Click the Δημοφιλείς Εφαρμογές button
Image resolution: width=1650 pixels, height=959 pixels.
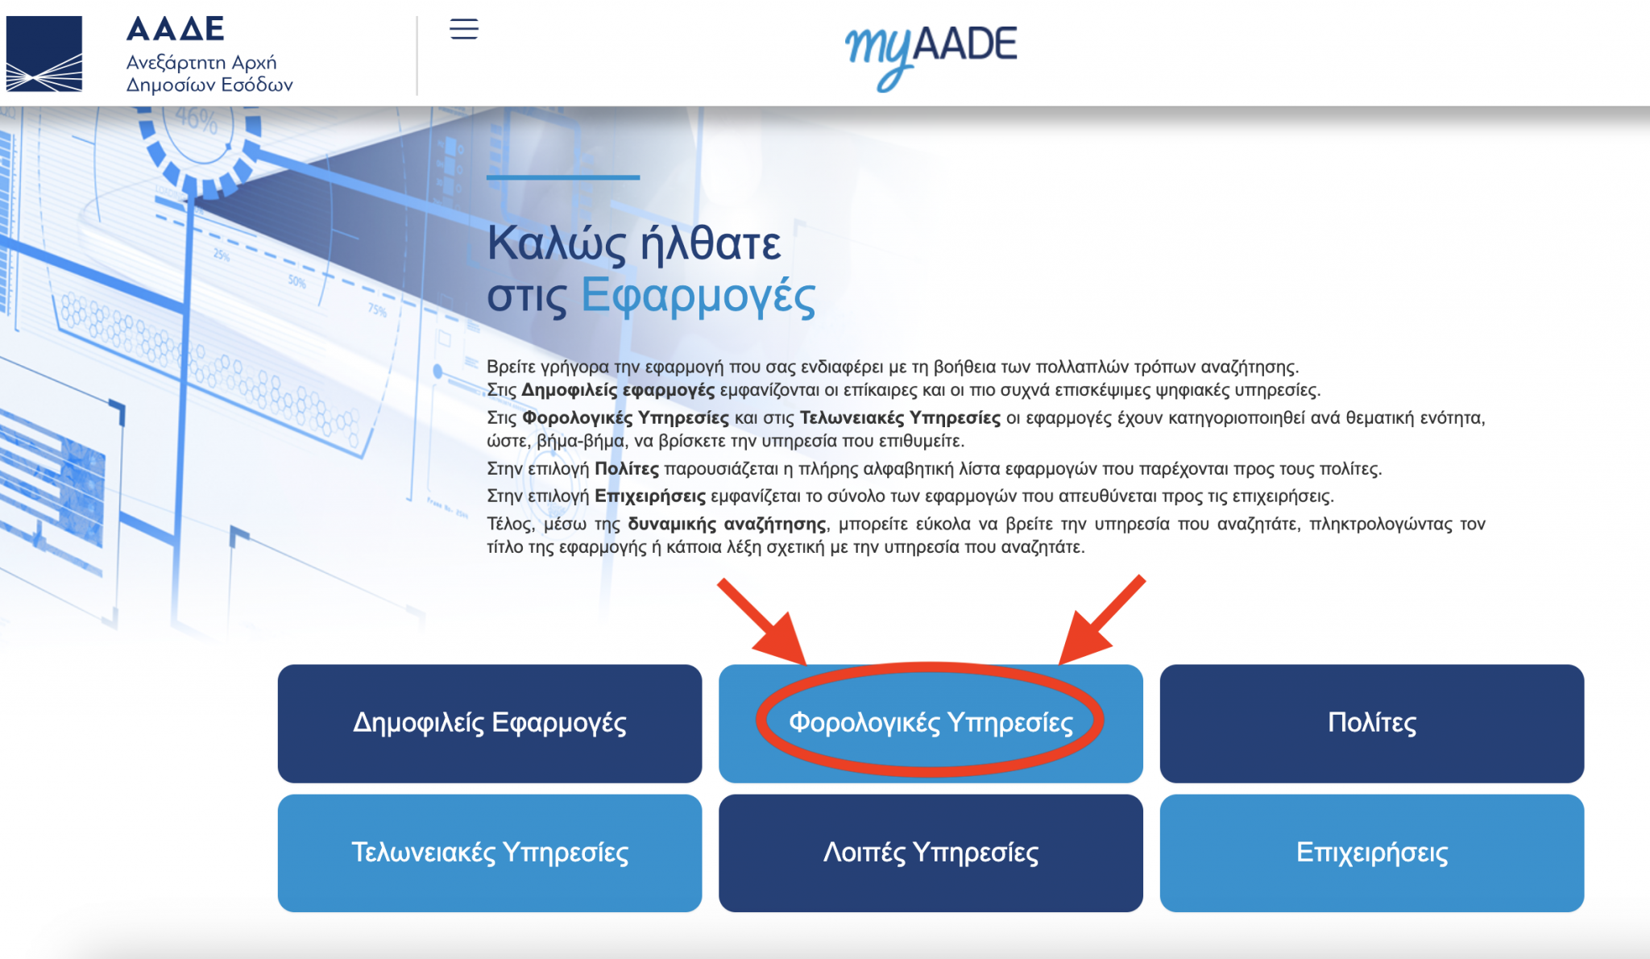(489, 723)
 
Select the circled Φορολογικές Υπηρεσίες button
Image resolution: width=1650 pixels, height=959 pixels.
(931, 722)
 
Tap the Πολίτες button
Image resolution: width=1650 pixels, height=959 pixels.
(1371, 723)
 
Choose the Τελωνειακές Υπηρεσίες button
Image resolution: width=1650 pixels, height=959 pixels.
(489, 853)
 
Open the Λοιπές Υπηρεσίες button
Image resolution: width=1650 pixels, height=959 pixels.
(931, 853)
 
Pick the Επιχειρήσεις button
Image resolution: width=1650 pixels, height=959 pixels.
(1371, 853)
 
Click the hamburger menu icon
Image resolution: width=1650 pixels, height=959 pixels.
(464, 29)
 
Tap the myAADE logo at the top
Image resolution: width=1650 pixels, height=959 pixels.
(931, 53)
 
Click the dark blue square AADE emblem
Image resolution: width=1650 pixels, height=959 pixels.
(44, 53)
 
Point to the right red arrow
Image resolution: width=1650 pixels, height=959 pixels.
(1101, 620)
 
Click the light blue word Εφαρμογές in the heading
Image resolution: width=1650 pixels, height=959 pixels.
(698, 295)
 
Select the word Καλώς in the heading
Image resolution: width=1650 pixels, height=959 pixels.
(557, 243)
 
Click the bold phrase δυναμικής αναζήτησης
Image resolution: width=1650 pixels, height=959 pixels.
(727, 524)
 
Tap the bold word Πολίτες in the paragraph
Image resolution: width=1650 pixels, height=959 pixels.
(626, 468)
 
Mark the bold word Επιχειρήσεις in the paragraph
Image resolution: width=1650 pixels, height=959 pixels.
(649, 496)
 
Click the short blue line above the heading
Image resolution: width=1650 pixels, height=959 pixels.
(562, 177)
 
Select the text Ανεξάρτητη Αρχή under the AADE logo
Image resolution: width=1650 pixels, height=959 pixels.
(201, 62)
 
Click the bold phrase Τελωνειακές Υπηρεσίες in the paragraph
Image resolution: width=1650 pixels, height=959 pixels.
(900, 417)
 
